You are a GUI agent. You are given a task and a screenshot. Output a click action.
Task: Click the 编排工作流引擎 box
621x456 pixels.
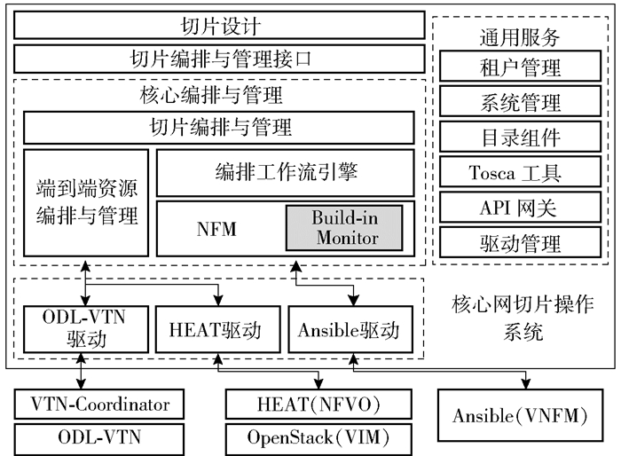(285, 172)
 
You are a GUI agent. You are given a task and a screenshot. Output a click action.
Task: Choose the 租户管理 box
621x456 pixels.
(520, 68)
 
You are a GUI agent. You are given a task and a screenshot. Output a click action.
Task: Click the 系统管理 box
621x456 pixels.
(520, 103)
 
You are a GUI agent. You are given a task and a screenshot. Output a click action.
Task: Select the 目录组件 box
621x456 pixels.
(520, 138)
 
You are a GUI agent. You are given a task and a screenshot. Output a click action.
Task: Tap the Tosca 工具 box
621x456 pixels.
(520, 172)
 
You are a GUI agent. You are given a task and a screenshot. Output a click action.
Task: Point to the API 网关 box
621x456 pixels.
(520, 207)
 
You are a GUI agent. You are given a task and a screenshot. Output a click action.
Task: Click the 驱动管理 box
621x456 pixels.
(520, 241)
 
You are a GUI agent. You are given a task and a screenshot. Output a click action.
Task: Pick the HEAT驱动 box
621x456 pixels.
(214, 331)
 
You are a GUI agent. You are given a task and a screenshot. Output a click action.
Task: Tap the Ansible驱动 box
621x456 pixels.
(350, 331)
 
